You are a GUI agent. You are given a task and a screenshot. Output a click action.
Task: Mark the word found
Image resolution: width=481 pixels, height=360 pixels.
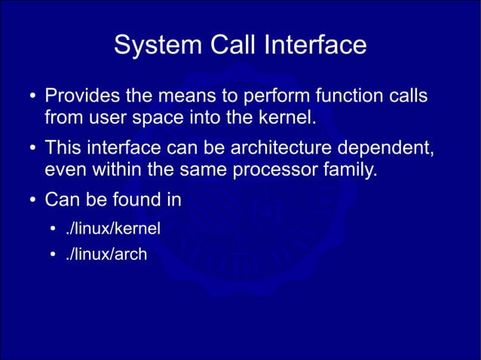tap(133, 201)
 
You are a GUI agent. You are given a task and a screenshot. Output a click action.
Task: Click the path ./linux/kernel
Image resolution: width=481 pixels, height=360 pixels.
tap(113, 227)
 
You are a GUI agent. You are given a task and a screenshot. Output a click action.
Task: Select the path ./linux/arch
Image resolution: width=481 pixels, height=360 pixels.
tap(106, 255)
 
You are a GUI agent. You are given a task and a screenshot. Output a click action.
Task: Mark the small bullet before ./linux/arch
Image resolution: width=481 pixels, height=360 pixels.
tap(54, 255)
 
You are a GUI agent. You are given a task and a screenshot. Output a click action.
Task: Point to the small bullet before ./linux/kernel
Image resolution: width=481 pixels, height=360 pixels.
tap(54, 228)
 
